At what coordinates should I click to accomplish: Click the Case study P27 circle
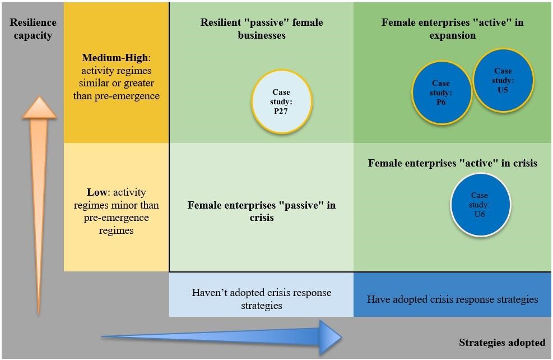(281, 102)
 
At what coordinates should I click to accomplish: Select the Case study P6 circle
(442, 93)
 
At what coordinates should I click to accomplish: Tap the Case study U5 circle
(503, 80)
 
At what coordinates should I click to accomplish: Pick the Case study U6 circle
(480, 205)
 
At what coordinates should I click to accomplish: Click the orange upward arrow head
(39, 108)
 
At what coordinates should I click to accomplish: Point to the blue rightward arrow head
(330, 337)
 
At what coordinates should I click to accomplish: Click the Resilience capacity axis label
(33, 29)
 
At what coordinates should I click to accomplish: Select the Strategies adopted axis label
(501, 342)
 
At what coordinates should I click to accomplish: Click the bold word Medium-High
(115, 58)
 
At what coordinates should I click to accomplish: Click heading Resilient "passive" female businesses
(261, 29)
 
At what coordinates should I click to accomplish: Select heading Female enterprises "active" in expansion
(452, 29)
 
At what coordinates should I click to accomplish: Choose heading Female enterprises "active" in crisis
(452, 163)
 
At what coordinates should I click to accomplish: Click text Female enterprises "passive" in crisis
(261, 211)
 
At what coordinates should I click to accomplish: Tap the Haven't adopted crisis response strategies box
(261, 299)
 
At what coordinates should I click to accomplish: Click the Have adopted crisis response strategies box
(452, 299)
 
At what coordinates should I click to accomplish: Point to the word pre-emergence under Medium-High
(134, 95)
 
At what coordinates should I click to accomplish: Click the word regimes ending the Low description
(116, 230)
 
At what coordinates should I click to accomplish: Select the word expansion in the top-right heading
(452, 35)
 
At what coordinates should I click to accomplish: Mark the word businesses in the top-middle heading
(261, 35)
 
